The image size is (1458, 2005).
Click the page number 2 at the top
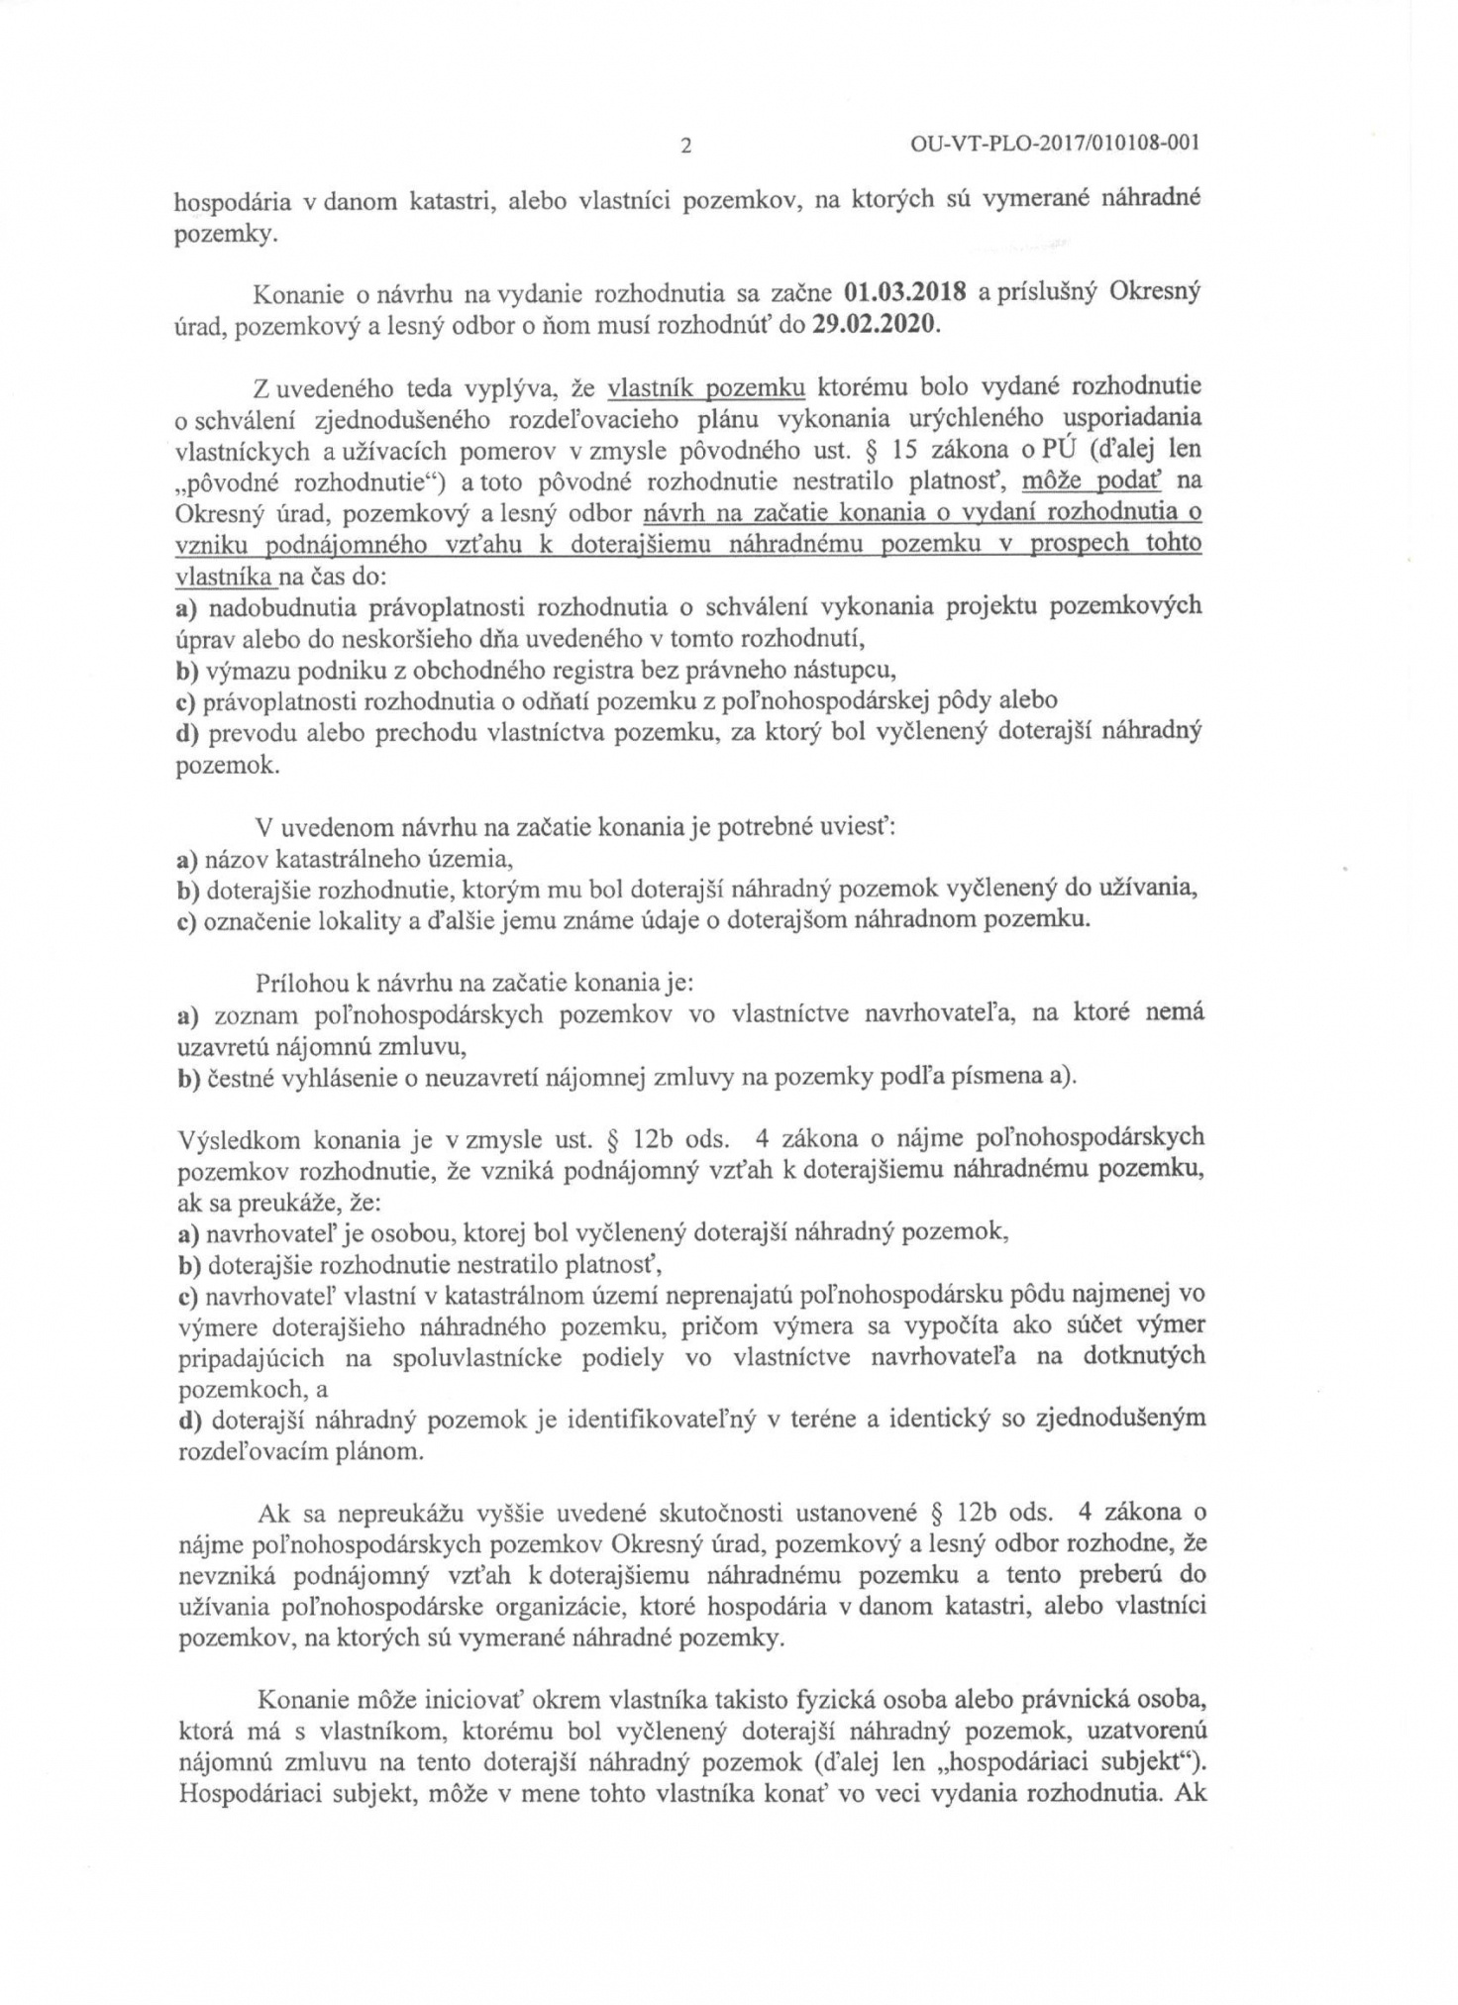click(685, 146)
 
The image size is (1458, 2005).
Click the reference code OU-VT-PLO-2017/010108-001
click(1054, 144)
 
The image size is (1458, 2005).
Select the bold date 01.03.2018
click(905, 294)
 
